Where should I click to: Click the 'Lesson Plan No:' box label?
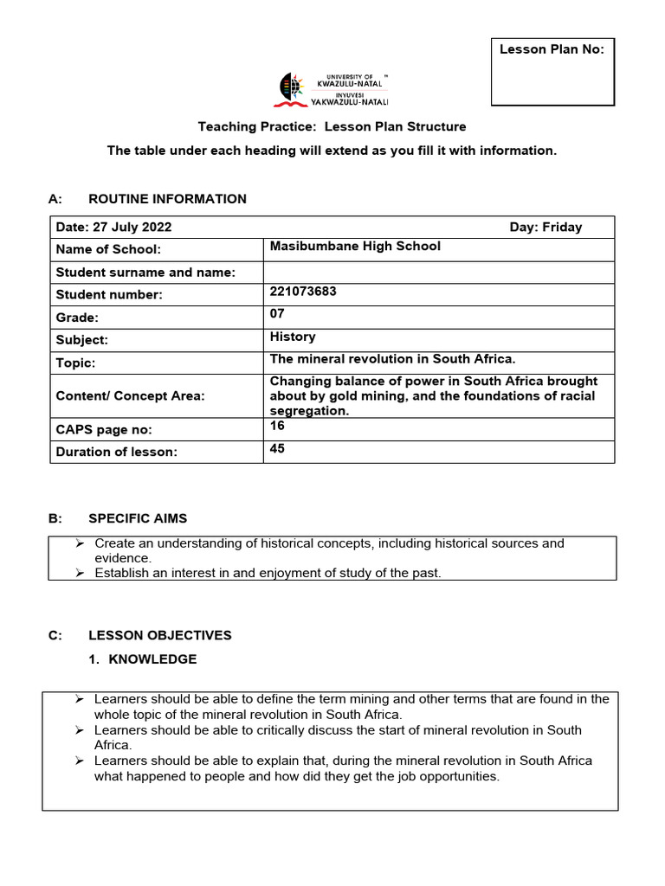(552, 49)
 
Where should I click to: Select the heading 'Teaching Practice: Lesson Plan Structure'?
(332, 126)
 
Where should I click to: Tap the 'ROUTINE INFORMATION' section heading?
(167, 199)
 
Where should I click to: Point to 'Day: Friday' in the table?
(546, 228)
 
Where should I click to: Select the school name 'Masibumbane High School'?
(355, 247)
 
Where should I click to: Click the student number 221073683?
(303, 292)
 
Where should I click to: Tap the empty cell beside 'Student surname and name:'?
(438, 273)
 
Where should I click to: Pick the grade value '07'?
(277, 314)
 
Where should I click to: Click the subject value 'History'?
(293, 337)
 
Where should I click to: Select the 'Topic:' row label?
(75, 363)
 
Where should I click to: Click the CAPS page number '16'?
(277, 427)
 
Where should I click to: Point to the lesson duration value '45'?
(277, 449)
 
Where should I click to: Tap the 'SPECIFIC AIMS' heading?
(138, 518)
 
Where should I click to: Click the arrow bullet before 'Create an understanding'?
(79, 543)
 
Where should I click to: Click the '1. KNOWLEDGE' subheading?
(144, 659)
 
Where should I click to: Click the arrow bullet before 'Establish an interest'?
(79, 573)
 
